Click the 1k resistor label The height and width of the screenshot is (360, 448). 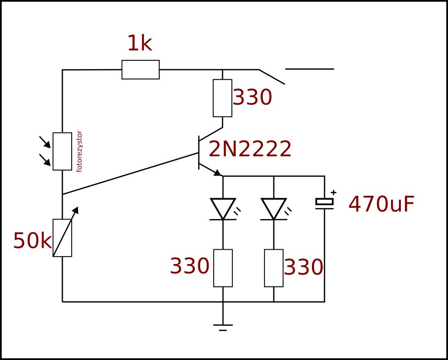(139, 44)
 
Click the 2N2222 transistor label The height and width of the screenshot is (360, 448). (250, 149)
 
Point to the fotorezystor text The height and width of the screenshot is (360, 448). (79, 151)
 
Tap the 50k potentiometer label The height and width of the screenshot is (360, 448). (32, 241)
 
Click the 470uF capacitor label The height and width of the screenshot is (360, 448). (381, 205)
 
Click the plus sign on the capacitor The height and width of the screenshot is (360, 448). (333, 192)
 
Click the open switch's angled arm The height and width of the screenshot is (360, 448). (271, 77)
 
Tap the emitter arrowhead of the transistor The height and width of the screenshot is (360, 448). (218, 173)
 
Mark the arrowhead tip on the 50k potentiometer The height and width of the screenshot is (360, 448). (78, 207)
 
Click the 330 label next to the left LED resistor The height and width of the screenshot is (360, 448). (189, 266)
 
